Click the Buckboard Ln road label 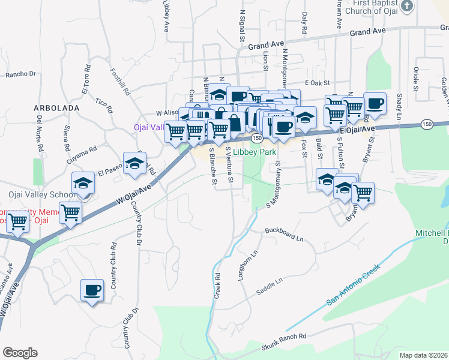coord(284,234)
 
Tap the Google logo coord(19,353)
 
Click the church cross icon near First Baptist coord(407,6)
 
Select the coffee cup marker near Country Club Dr coord(92,290)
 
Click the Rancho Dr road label coord(21,75)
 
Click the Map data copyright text coord(424,355)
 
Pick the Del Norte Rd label coord(40,133)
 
